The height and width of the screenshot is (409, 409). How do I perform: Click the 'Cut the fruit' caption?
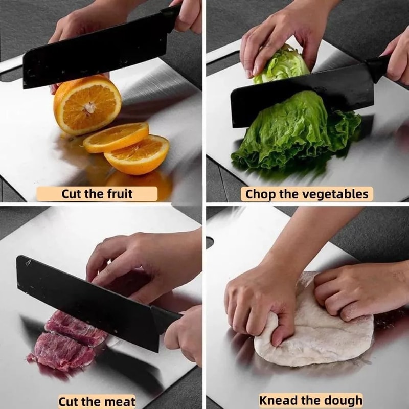point(97,194)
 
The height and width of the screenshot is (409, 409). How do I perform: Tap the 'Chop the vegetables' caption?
point(307,194)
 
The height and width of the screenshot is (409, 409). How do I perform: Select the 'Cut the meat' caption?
point(97,401)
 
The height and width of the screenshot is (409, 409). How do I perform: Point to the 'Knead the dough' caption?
point(310,400)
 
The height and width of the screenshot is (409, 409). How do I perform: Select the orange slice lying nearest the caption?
point(137,154)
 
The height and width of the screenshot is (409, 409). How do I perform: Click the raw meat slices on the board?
point(66,343)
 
